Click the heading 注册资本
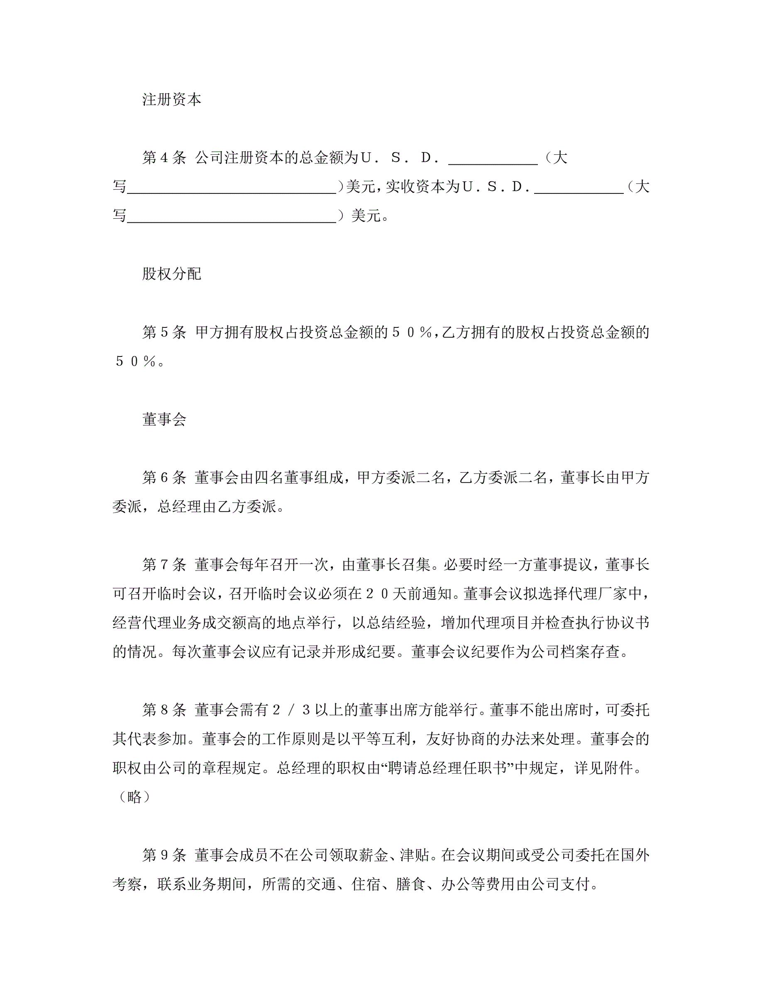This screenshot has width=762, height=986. [171, 99]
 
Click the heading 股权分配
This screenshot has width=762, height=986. [171, 274]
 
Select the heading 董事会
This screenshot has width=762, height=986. [164, 420]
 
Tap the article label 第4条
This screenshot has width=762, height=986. [164, 158]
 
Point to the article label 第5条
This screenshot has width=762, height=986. [164, 332]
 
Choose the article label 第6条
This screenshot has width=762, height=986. [164, 478]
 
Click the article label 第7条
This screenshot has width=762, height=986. [164, 565]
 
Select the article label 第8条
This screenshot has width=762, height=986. [164, 710]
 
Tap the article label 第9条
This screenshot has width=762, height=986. [164, 855]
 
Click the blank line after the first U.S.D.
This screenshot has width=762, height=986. [493, 163]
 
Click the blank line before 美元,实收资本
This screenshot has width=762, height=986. [232, 191]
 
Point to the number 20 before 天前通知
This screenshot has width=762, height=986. [377, 594]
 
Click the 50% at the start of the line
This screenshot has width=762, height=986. [135, 361]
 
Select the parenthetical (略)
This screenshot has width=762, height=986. [134, 797]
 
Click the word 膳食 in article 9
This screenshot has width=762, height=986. [411, 884]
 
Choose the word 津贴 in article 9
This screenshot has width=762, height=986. [412, 855]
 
